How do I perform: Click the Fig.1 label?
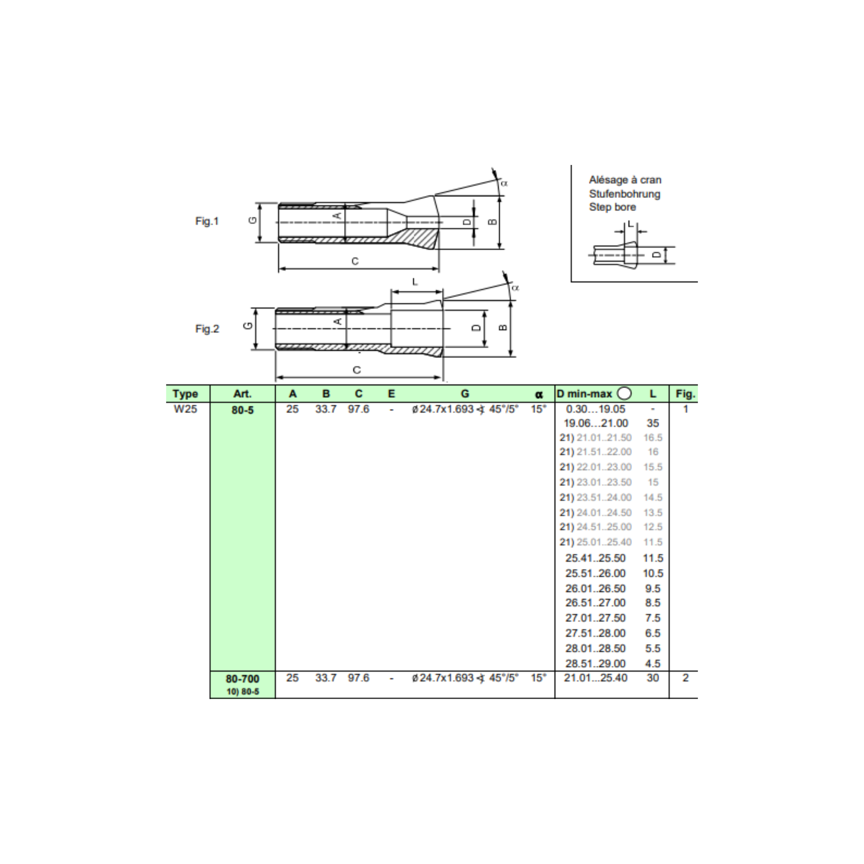click(207, 221)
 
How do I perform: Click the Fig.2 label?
click(207, 329)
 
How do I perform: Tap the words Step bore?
click(612, 207)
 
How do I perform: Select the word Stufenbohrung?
click(624, 194)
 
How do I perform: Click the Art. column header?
click(243, 394)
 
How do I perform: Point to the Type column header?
click(185, 394)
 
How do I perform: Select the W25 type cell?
click(185, 409)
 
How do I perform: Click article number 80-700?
click(243, 678)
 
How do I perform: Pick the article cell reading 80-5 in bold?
click(243, 410)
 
